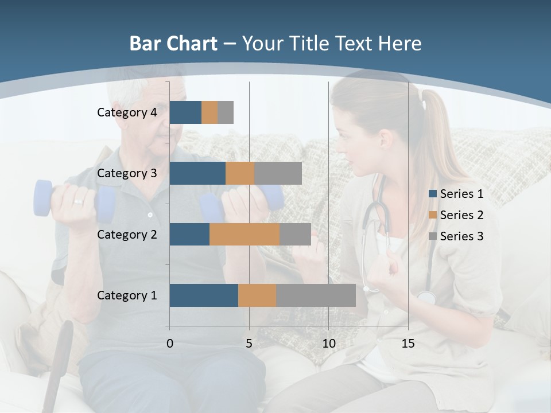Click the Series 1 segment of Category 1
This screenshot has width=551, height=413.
[204, 295]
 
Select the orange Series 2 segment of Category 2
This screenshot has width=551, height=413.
[245, 234]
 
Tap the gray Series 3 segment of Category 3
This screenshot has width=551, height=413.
[278, 173]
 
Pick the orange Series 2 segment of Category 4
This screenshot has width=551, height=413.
[209, 112]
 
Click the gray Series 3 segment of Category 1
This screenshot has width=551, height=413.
[316, 295]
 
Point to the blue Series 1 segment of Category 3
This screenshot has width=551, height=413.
[197, 173]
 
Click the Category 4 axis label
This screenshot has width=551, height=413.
[127, 112]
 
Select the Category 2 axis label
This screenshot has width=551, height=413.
[127, 234]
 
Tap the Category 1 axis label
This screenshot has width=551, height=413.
[127, 295]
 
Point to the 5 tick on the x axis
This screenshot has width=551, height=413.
[249, 344]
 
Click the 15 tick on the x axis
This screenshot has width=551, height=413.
[408, 344]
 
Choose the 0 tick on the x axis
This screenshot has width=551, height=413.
[170, 344]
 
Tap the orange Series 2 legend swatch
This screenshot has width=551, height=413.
[433, 215]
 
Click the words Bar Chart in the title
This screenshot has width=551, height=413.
[173, 44]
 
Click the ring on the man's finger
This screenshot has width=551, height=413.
[77, 201]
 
